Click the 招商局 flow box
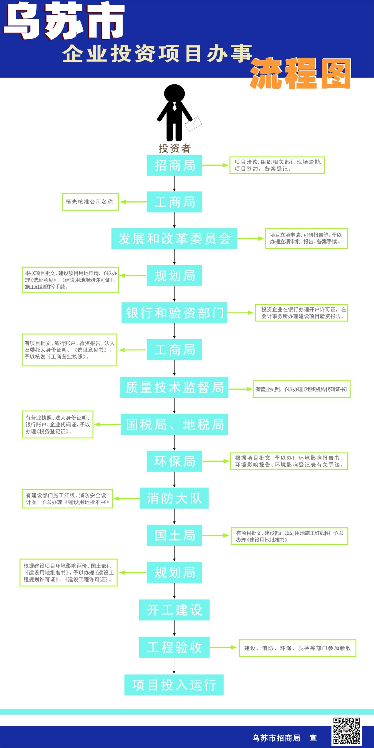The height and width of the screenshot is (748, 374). pos(174,165)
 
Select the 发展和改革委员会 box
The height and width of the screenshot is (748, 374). pos(174,238)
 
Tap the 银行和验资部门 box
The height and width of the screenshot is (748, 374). pos(174,313)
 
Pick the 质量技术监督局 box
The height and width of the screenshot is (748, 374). pos(174,387)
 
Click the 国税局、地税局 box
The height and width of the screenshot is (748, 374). pos(174,424)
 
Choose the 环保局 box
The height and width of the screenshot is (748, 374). pos(174,461)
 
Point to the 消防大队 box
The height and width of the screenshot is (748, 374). pos(174,498)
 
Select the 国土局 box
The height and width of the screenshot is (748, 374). pos(174,535)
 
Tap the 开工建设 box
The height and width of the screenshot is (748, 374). pos(174,610)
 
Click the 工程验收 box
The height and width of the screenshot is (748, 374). pos(174,647)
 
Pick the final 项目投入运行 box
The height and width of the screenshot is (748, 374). pos(174,685)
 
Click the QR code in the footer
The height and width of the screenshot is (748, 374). pos(346,731)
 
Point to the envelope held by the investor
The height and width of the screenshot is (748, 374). pos(193,124)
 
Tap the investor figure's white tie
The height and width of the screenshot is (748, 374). pos(174,106)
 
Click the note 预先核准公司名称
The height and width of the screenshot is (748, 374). pos(90,202)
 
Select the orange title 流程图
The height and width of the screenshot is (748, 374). pos(300,73)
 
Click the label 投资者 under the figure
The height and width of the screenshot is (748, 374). pos(174,148)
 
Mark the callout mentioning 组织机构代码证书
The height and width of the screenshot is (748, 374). pos(301,389)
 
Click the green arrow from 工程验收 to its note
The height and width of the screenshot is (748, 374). pos(223,647)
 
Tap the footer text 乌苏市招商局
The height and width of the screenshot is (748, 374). pos(276,738)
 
